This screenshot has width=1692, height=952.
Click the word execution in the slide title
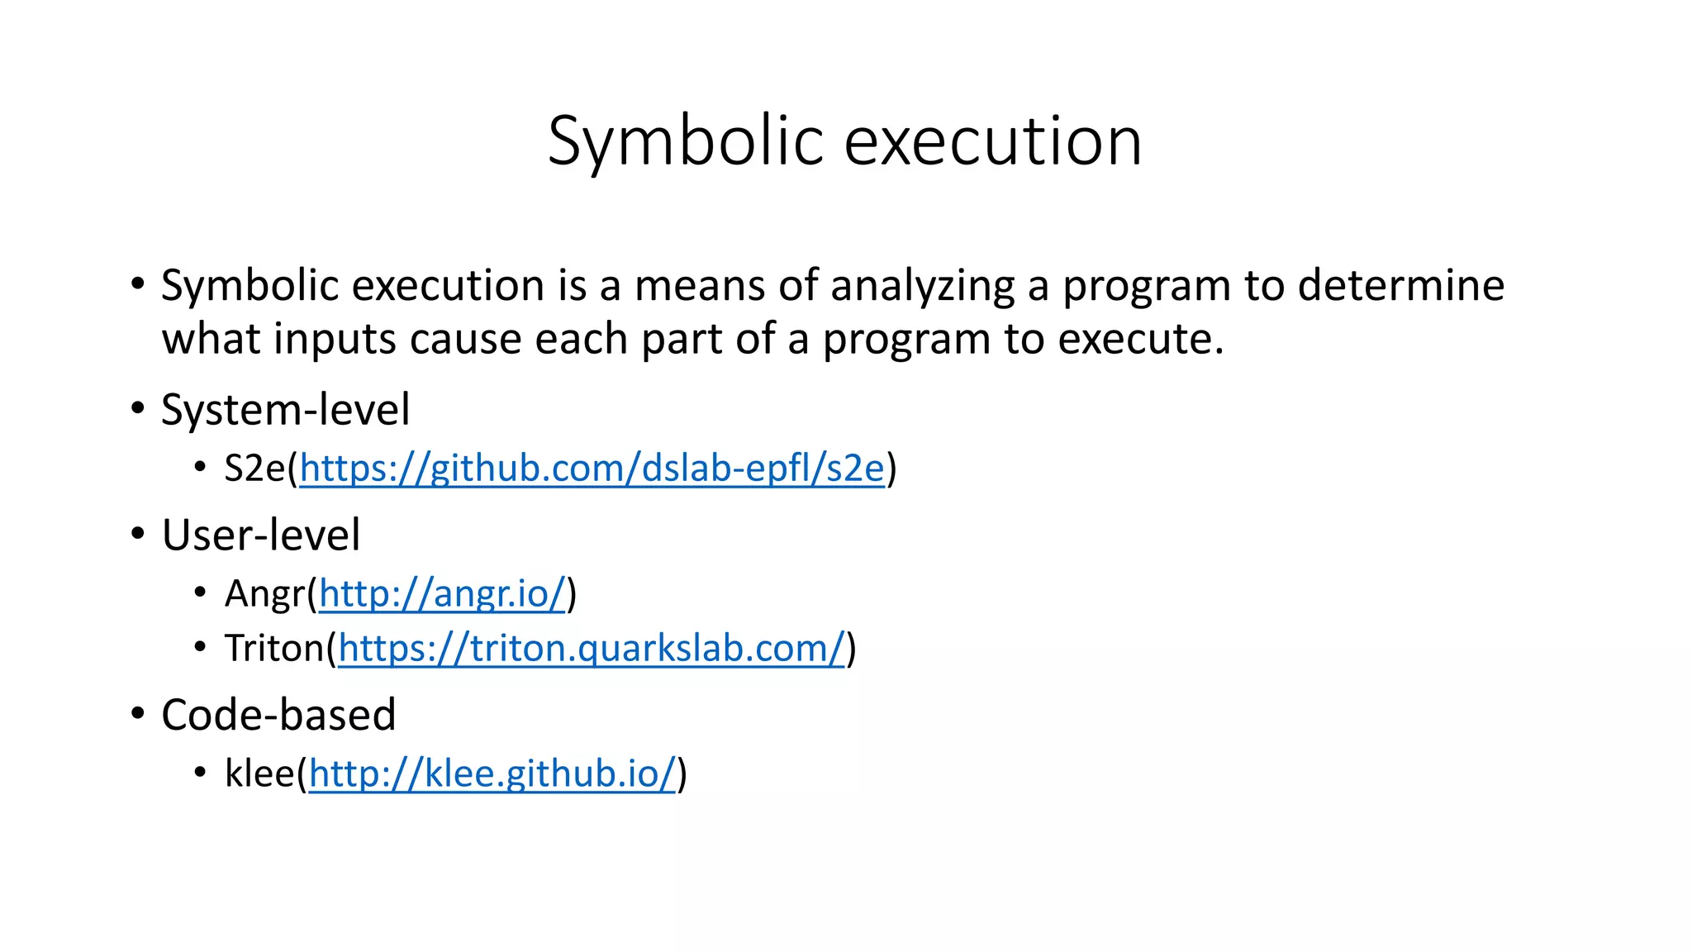(x=993, y=142)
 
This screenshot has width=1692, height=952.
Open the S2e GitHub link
(x=592, y=469)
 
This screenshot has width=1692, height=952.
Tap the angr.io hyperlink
(x=442, y=593)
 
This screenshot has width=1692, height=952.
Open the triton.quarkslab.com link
(x=592, y=649)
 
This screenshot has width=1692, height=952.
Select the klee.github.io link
(x=492, y=774)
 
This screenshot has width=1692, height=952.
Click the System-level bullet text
(x=285, y=410)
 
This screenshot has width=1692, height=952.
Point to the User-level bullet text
(x=261, y=535)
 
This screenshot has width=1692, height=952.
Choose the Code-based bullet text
(x=278, y=715)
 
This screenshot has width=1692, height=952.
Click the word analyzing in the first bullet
(x=922, y=287)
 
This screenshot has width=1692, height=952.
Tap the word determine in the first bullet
(x=1400, y=286)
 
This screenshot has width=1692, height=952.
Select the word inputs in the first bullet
(x=335, y=340)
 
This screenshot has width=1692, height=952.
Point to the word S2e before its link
(x=255, y=469)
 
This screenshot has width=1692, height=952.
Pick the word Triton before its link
(x=275, y=649)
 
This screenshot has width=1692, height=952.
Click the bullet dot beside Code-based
(x=138, y=713)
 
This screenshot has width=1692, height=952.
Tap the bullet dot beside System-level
(x=138, y=408)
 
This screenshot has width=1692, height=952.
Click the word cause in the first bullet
(x=465, y=340)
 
